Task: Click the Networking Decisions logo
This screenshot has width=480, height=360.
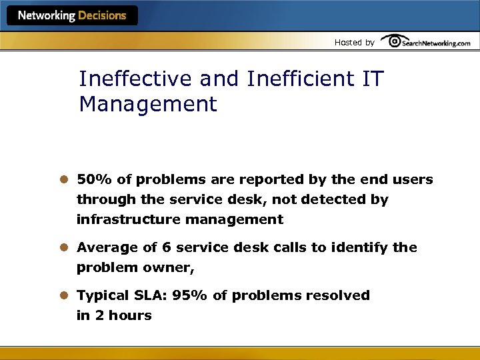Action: click(x=72, y=15)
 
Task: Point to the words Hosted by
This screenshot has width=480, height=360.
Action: click(x=354, y=43)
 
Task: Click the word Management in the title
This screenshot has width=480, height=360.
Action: click(x=148, y=104)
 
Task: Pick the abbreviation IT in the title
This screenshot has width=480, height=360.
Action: click(x=373, y=79)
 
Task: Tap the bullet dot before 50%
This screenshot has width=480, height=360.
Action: click(x=65, y=180)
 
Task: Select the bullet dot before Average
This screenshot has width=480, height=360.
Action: click(x=65, y=247)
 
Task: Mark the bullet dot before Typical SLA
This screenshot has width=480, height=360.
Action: click(x=65, y=295)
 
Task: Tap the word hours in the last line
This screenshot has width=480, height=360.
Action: click(x=131, y=315)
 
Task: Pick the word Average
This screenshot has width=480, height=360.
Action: click(x=104, y=247)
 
